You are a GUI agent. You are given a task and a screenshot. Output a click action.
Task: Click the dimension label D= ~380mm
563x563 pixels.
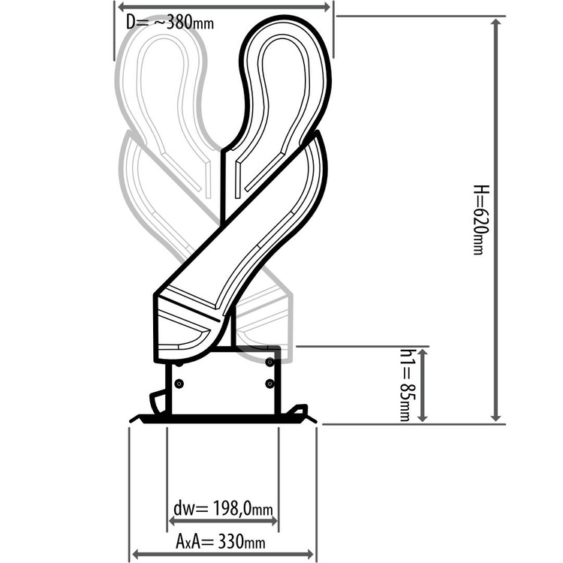click(170, 22)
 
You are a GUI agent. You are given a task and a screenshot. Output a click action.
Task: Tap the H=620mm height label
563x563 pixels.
click(479, 218)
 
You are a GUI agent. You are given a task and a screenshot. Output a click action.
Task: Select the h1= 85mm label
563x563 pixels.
click(405, 384)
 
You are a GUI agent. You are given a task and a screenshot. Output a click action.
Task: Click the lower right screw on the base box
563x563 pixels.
click(269, 384)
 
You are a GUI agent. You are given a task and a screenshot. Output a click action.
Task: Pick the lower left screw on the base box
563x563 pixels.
click(179, 384)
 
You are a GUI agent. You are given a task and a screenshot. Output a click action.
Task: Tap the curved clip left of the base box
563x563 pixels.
click(158, 402)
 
